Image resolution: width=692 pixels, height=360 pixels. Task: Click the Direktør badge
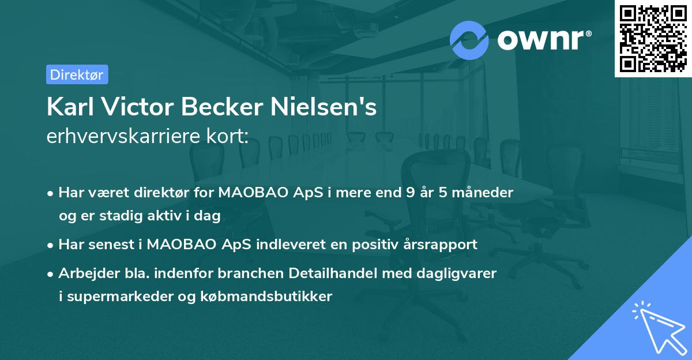77,74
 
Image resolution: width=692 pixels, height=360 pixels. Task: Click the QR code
653,38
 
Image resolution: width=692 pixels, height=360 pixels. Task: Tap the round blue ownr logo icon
469,40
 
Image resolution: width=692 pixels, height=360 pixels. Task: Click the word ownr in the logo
543,40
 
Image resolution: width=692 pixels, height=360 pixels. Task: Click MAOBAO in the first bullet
247,193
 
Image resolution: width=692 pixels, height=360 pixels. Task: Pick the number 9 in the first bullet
410,193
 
